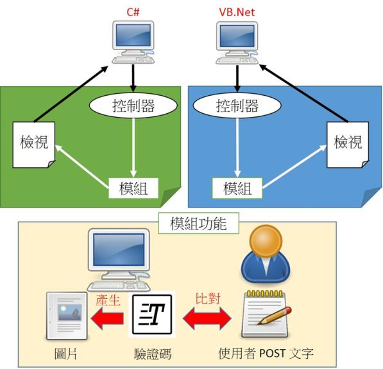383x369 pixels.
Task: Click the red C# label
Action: (x=133, y=12)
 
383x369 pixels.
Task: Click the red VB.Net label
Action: (x=237, y=12)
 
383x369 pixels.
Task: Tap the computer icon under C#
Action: (x=133, y=42)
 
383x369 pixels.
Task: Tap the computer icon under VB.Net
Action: (x=237, y=43)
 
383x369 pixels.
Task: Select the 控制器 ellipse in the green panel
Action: (x=133, y=105)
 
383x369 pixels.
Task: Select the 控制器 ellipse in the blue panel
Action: (x=237, y=105)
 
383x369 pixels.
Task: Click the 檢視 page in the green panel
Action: (x=34, y=145)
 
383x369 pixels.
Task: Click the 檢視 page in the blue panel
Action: (x=348, y=145)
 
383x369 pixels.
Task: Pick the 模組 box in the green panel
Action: (x=133, y=188)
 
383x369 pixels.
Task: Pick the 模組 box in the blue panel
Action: (x=237, y=188)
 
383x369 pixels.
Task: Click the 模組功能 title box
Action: (x=198, y=223)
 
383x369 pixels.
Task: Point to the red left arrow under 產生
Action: (x=107, y=318)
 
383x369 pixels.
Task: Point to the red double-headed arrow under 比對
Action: (x=207, y=318)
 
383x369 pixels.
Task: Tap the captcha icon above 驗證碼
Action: (x=152, y=314)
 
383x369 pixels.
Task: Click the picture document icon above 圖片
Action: (x=67, y=316)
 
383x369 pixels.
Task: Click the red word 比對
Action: (x=208, y=298)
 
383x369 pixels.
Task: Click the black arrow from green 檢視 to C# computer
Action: (x=71, y=94)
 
